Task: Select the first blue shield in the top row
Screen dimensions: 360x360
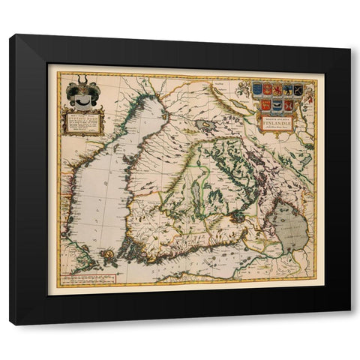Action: coord(257,89)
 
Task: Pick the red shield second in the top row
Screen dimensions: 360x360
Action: coord(268,89)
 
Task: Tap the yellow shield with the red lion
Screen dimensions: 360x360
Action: coord(277,89)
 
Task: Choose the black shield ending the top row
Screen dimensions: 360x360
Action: coord(298,89)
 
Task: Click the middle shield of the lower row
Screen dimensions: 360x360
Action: coord(277,105)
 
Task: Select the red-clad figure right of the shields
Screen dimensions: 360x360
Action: coord(309,96)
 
